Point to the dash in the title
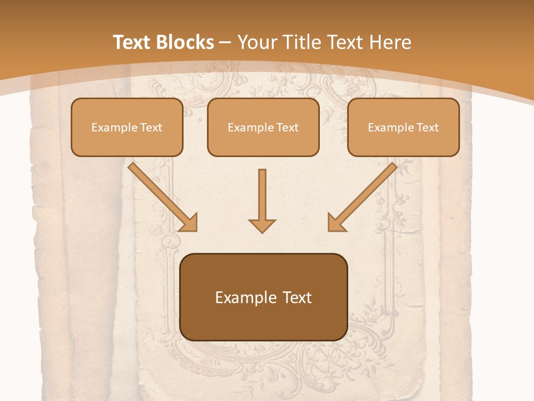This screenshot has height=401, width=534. pos(226,43)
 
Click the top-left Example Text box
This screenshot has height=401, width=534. pos(127,128)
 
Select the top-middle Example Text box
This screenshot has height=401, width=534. pos(263,128)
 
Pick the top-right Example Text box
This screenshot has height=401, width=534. pos(403,128)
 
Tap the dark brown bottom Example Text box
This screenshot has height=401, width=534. pos(264,297)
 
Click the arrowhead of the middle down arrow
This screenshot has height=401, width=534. pos(262,225)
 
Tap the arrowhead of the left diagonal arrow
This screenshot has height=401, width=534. pos(189,222)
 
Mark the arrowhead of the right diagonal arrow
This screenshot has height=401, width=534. pos(336,222)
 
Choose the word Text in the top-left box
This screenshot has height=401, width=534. pos(151,128)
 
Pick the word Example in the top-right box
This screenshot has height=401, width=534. pos(390,128)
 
